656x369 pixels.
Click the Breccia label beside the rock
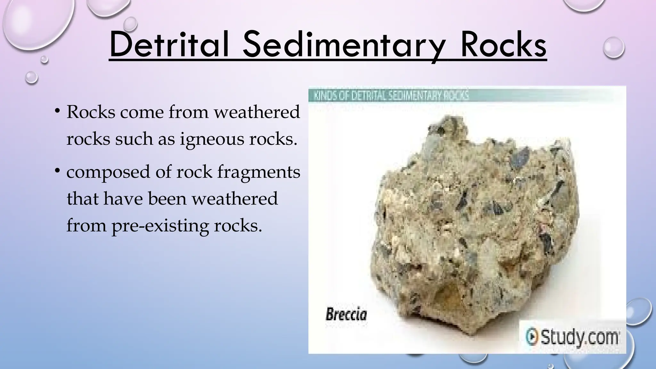point(346,314)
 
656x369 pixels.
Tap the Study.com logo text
point(580,337)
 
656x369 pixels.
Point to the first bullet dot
point(57,111)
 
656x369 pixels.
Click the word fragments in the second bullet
point(259,172)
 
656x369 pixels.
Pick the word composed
point(108,172)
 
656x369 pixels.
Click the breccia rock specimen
point(474,224)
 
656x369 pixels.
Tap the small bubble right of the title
point(613,47)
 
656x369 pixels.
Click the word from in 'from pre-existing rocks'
point(86,226)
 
